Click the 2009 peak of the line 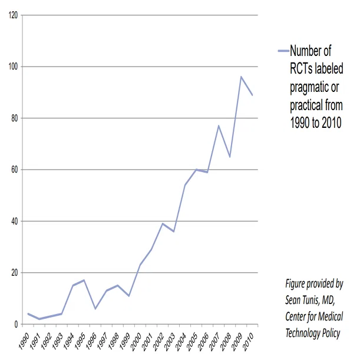pos(241,77)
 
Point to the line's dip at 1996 pos(95,309)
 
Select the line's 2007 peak pos(219,125)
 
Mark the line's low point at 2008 pos(230,157)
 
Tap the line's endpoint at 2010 pos(252,95)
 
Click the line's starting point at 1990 pos(28,313)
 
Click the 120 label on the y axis pos(14,15)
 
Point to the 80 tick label pos(15,118)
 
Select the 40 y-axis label pos(15,222)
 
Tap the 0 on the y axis pos(16,325)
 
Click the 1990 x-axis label pos(24,342)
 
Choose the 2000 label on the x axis pos(136,342)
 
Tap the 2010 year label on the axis pos(248,342)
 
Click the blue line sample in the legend pos(283,51)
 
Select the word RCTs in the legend pos(301,69)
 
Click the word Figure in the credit pos(295,284)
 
